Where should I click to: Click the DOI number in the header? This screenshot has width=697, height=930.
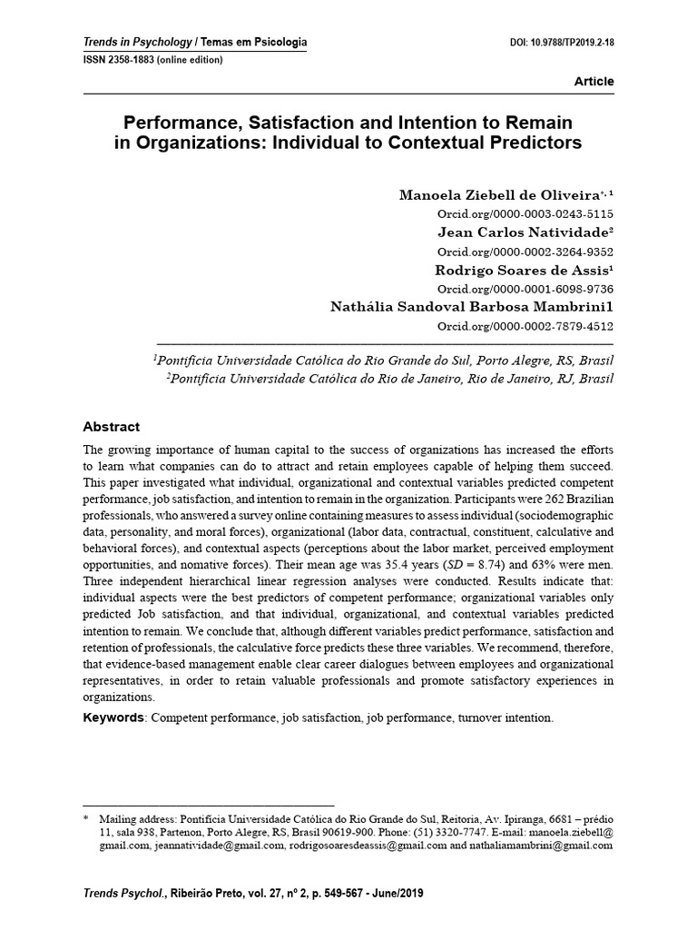564,43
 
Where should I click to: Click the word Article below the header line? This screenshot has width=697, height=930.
594,82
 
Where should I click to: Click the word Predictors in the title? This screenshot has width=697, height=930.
535,143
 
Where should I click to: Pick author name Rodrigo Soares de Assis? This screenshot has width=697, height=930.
515,270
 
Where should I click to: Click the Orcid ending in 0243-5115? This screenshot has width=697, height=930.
525,214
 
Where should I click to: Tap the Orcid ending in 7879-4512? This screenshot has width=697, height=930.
525,326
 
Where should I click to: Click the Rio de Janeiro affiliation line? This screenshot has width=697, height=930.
390,378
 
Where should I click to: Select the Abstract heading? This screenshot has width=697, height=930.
112,427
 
